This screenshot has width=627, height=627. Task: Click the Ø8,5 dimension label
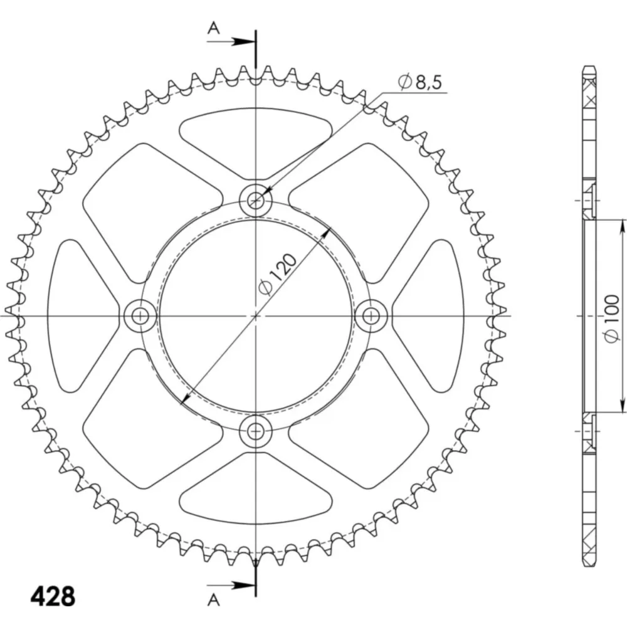coord(420,82)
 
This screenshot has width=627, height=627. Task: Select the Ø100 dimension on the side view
coord(611,319)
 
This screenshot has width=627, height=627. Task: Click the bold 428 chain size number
coord(53,597)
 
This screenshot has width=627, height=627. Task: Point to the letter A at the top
coord(214,28)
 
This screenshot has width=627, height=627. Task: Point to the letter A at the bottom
coord(214,600)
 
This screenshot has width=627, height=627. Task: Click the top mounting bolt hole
coord(256,201)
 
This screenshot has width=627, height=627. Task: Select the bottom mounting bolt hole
coord(256,431)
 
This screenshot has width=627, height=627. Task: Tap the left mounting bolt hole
coord(140,316)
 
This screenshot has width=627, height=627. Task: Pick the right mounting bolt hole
coord(371,316)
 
